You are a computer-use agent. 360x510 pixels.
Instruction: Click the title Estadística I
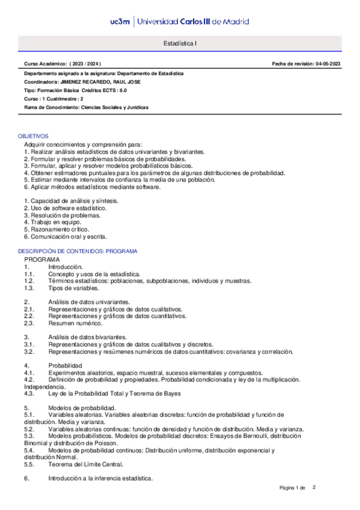[180, 44]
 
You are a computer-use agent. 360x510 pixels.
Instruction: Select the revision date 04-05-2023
[328, 63]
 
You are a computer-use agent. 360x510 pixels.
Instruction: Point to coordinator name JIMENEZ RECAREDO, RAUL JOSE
[110, 81]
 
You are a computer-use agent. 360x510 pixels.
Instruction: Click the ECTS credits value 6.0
[122, 90]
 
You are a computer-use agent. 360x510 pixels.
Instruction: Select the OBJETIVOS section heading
[33, 137]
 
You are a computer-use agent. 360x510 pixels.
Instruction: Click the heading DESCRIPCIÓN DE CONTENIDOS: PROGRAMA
[78, 251]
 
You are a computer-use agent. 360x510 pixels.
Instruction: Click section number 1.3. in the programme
[29, 288]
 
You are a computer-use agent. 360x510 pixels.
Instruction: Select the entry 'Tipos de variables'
[75, 288]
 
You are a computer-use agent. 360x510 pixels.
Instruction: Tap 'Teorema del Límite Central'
[86, 464]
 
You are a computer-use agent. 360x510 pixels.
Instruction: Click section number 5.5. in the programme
[29, 464]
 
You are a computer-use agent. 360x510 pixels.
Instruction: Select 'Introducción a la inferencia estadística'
[100, 478]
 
